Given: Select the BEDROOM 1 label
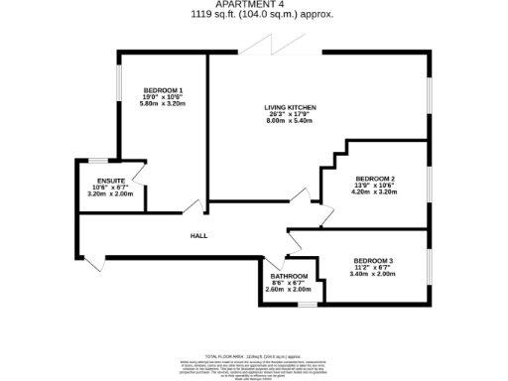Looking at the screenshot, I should tap(163, 89).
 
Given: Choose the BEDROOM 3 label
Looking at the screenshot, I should tap(374, 260).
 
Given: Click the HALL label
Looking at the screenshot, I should tap(198, 235).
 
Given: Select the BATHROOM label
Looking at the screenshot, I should tap(289, 276).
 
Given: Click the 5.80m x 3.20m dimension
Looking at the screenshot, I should tap(163, 103).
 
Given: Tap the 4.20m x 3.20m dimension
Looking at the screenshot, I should tap(376, 191).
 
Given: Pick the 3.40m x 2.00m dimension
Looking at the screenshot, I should tap(374, 274).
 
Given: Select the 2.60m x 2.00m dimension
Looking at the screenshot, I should tap(289, 289).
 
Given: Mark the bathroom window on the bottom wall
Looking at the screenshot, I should tap(308, 303).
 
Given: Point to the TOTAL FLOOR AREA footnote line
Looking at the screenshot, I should tap(255, 354).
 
